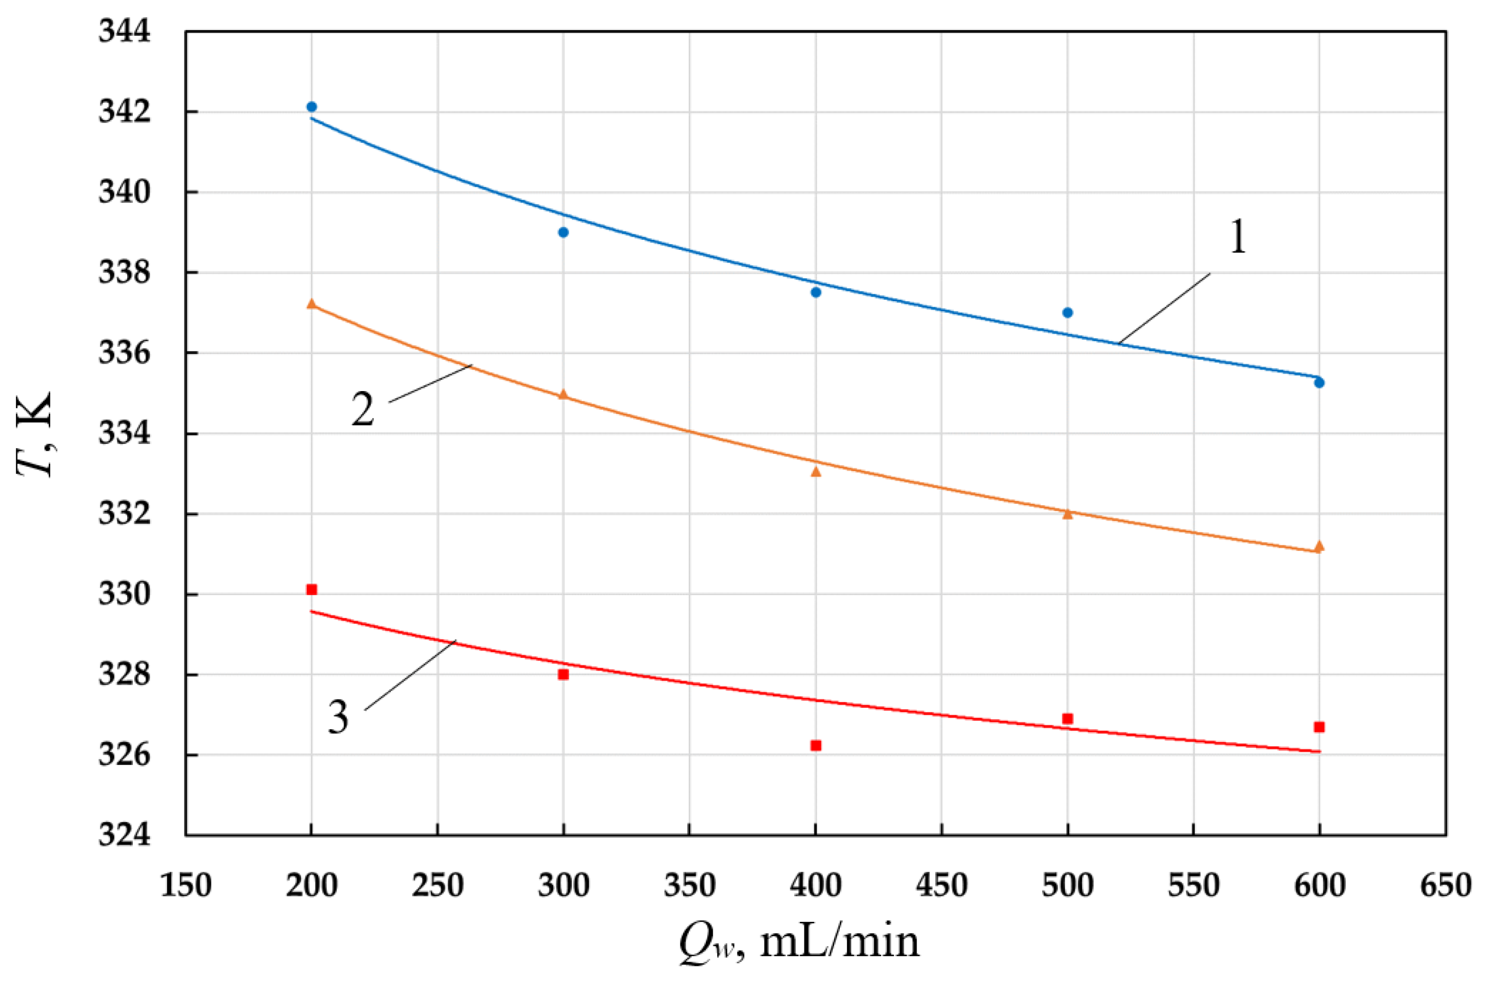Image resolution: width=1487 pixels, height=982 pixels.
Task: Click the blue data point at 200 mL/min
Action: click(x=311, y=106)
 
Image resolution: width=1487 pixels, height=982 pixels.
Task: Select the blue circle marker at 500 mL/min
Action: click(x=1068, y=313)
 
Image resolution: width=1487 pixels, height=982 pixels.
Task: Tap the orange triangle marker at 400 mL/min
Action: click(x=815, y=472)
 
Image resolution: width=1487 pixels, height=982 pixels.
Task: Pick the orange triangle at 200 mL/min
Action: click(x=311, y=304)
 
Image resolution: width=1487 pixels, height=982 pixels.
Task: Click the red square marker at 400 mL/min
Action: click(x=815, y=745)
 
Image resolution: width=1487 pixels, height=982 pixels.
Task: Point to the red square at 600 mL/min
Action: click(x=1319, y=727)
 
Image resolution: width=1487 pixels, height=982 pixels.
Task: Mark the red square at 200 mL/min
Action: click(x=311, y=589)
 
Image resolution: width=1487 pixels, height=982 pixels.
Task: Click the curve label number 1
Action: click(x=1238, y=238)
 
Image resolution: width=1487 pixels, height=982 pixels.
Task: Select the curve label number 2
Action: click(x=362, y=410)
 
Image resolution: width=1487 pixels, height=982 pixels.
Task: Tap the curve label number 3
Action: click(x=338, y=717)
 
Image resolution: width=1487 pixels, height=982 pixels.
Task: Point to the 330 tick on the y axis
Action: click(x=125, y=594)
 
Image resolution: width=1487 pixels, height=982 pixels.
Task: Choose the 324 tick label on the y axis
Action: click(x=125, y=835)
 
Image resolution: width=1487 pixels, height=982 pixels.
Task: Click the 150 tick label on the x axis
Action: click(x=186, y=885)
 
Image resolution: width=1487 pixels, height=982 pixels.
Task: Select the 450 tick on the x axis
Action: click(x=942, y=885)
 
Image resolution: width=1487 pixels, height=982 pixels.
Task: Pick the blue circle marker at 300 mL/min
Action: click(x=563, y=232)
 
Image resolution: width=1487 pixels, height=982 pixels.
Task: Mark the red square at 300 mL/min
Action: click(x=563, y=675)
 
